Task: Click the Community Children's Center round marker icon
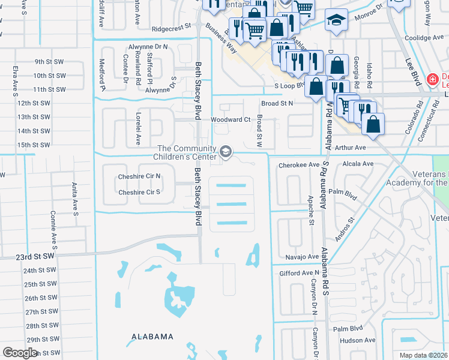pyautogui.click(x=226, y=152)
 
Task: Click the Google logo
pyautogui.click(x=20, y=353)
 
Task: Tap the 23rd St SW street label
pyautogui.click(x=35, y=256)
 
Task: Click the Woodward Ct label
pyautogui.click(x=230, y=119)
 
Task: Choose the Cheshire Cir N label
pyautogui.click(x=139, y=176)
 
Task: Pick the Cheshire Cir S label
pyautogui.click(x=139, y=192)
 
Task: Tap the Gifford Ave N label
pyautogui.click(x=298, y=273)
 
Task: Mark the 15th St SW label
pyautogui.click(x=33, y=145)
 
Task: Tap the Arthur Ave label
pyautogui.click(x=351, y=147)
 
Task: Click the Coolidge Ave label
pyautogui.click(x=424, y=37)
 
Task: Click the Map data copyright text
pyautogui.click(x=424, y=355)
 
